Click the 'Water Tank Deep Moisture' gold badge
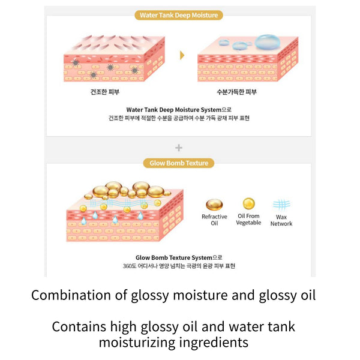point(179,15)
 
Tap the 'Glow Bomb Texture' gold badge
point(179,163)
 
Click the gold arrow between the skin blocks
point(182,55)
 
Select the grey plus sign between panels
point(179,148)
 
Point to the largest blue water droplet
point(267,43)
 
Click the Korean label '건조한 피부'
point(105,92)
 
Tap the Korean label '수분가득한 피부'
point(237,92)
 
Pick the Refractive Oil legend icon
point(214,205)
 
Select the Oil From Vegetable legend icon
point(249,203)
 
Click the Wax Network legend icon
point(281,205)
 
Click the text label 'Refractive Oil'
point(214,220)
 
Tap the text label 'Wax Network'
point(281,220)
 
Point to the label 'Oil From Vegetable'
point(248,219)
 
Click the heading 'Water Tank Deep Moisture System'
point(174,110)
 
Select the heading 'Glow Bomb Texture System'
point(174,257)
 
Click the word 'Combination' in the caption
point(71,295)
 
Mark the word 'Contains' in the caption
point(79,327)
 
